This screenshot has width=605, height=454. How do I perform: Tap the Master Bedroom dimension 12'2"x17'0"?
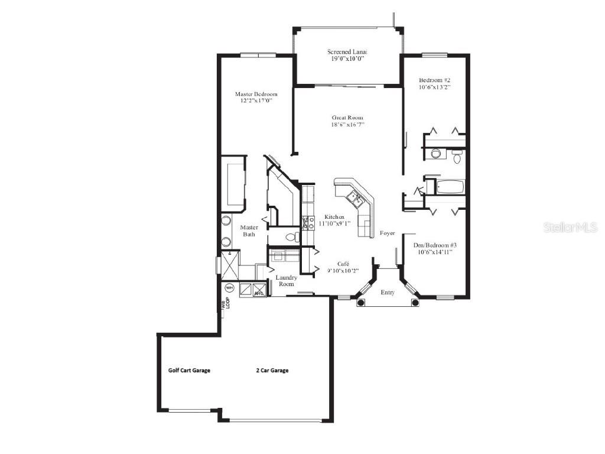(256, 101)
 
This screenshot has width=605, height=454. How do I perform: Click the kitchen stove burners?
(308, 223)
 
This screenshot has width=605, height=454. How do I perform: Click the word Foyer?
(388, 233)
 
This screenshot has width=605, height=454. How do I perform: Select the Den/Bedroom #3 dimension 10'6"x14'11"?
(435, 252)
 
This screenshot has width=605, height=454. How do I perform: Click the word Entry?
(388, 292)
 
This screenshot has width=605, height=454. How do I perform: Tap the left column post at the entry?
(361, 303)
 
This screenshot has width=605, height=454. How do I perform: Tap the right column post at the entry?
(415, 303)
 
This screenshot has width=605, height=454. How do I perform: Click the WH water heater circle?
(229, 288)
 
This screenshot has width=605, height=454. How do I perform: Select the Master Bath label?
(249, 231)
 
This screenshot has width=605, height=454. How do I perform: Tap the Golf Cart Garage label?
(189, 371)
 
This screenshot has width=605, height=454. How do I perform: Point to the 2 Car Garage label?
(272, 371)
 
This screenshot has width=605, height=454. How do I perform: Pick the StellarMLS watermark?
(571, 227)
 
